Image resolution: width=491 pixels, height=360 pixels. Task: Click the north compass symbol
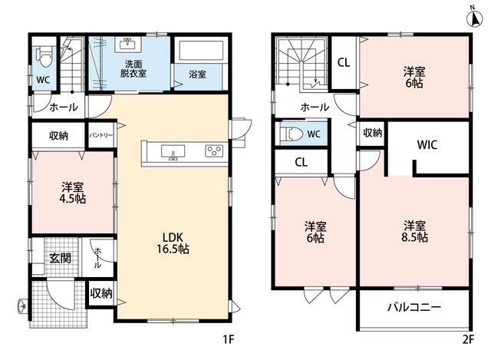[475, 18]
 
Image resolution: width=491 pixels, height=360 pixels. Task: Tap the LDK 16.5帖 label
[173, 243]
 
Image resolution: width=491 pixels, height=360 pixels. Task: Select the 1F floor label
[229, 339]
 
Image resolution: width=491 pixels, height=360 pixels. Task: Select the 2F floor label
[469, 339]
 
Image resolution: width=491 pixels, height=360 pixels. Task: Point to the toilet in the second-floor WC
[292, 134]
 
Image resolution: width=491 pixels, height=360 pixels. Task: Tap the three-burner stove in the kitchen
[214, 150]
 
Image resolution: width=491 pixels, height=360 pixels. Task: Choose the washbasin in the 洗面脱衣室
[128, 45]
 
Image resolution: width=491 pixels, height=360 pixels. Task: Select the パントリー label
[101, 136]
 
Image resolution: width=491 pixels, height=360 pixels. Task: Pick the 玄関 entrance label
[60, 258]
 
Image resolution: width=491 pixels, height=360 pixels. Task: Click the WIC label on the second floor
[427, 145]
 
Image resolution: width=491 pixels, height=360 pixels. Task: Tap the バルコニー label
[414, 307]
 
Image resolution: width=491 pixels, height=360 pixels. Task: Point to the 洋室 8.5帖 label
[414, 231]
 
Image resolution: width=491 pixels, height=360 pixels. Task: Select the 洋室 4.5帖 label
[73, 193]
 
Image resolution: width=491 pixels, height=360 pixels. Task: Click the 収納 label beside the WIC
[373, 133]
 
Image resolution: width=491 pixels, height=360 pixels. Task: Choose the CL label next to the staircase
[344, 63]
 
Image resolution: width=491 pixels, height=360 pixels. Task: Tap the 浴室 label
[197, 74]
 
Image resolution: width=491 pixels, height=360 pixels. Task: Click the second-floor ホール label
[315, 107]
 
